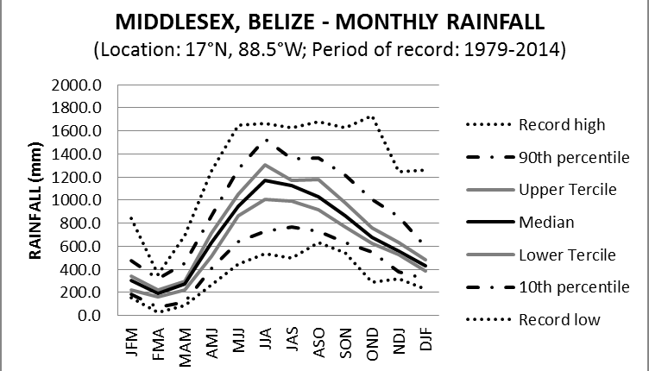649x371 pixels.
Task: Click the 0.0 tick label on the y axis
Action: pyautogui.click(x=91, y=315)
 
